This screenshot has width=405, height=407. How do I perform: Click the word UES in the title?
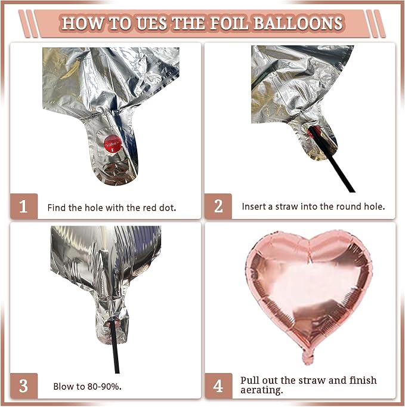coord(152,23)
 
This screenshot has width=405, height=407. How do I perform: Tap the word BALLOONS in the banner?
coord(298,23)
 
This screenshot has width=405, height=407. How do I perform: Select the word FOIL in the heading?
coord(230,23)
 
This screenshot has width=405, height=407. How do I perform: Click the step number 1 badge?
coord(24,206)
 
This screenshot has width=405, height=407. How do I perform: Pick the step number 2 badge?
coord(218,206)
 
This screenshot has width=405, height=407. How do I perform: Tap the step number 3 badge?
coord(24,386)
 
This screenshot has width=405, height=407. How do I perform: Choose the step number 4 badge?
coord(218,386)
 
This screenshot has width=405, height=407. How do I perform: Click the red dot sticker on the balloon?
coord(113,144)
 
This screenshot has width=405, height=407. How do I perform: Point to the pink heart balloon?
coord(309,291)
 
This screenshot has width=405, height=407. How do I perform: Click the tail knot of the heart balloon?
coord(308,357)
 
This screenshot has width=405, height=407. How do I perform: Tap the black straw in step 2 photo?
coord(332,159)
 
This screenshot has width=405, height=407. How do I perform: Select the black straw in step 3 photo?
coord(115,347)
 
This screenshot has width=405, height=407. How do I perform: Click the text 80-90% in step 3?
coord(104,387)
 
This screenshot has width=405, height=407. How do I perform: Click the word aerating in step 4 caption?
coord(261,390)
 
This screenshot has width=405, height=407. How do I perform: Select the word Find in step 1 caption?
coord(57,208)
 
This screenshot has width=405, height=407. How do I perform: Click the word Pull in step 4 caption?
coord(250,380)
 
